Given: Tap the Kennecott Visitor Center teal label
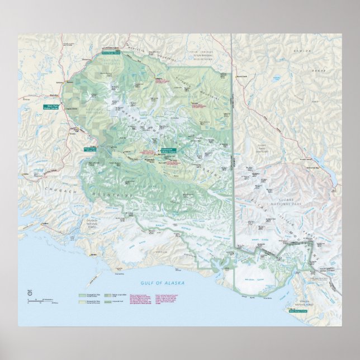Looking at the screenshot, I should pos(168,150).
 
